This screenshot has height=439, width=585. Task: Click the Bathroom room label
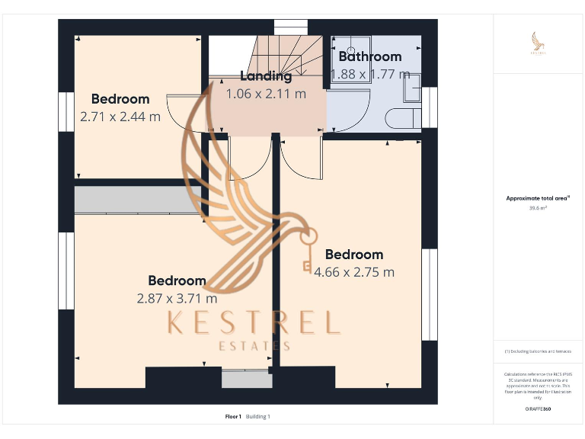[x=369, y=56]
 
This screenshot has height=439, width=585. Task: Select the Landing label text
[x=266, y=76]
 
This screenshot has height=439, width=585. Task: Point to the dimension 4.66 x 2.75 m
[x=354, y=272]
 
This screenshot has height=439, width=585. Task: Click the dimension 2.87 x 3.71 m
[x=177, y=298]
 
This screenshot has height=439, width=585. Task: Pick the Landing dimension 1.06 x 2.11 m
[x=266, y=94]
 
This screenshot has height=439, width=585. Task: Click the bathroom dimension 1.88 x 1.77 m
[x=370, y=74]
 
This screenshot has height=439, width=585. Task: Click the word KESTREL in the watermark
[x=252, y=323]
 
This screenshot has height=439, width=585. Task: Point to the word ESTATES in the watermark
[x=253, y=346]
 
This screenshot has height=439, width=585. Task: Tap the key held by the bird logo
[x=307, y=252]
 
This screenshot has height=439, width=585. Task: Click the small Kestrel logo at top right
[x=538, y=43]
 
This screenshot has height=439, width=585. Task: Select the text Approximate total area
[x=538, y=198]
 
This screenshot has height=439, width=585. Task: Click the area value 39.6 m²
[x=538, y=207]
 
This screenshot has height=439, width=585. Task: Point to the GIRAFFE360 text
[x=538, y=409]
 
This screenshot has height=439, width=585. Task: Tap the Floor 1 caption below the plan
[x=233, y=416]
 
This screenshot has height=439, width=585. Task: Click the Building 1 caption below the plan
[x=258, y=416]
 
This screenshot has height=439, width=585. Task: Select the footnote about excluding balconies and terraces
[x=538, y=351]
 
